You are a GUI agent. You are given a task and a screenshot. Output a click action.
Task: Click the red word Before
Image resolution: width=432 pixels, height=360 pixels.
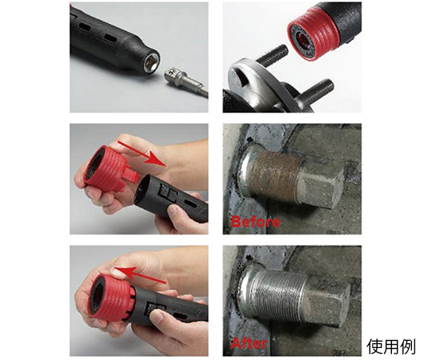255,222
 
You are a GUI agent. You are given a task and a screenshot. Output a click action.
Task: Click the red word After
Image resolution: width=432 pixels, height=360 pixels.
249,343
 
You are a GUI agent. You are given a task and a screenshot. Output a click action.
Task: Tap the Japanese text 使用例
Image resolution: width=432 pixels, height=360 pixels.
391,346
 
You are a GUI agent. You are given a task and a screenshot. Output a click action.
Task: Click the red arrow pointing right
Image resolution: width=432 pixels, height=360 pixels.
141,153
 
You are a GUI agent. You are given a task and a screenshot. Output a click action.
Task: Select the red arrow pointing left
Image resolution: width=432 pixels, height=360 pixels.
140,274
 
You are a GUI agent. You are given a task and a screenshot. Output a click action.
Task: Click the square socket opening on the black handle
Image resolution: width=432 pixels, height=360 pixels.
150,62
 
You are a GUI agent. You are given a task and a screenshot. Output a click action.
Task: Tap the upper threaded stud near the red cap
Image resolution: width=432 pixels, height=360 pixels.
272,56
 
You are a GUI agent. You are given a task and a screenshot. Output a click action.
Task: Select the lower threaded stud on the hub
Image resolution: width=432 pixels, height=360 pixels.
318,91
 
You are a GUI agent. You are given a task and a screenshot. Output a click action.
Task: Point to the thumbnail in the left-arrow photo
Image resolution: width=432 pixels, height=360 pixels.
158,316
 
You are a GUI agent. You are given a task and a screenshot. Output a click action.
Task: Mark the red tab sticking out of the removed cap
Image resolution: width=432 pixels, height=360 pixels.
130,176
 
